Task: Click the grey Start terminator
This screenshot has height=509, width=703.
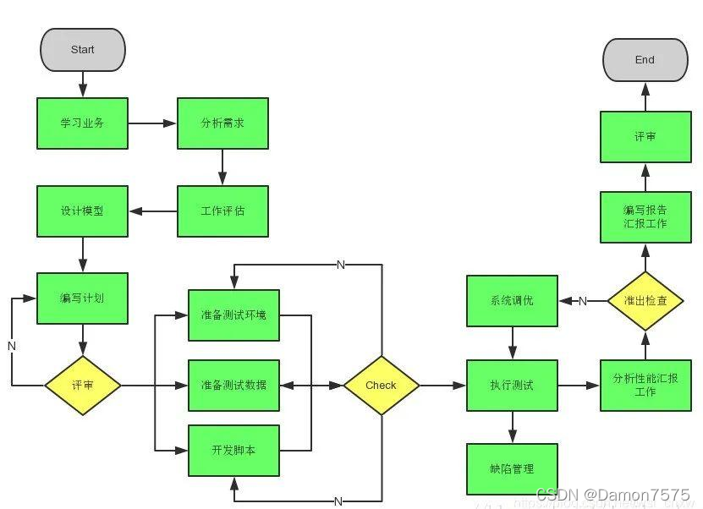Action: tap(83, 49)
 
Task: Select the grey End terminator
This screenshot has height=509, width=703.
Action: tap(645, 60)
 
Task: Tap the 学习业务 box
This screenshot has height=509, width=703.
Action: tap(83, 123)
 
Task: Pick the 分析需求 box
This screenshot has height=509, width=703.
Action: tap(222, 123)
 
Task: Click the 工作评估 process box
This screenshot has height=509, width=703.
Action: tap(222, 211)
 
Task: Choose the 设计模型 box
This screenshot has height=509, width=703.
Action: tap(83, 211)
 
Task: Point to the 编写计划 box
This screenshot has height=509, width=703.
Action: tap(83, 298)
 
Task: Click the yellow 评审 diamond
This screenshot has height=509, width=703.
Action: tap(83, 385)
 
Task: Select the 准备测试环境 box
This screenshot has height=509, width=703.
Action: tap(233, 315)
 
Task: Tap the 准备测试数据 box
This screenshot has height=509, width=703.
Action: tap(233, 385)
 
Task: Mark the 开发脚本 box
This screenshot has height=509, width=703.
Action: tap(233, 450)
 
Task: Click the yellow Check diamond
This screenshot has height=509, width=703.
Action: tap(381, 385)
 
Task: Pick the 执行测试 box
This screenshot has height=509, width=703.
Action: tap(512, 385)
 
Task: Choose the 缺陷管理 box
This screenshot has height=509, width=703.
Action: tap(512, 468)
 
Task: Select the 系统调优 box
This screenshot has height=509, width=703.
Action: tap(512, 301)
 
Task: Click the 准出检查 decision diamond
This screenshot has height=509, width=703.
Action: tap(645, 301)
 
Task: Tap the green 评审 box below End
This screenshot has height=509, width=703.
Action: tap(645, 136)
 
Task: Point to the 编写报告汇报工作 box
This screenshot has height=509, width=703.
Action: tap(645, 217)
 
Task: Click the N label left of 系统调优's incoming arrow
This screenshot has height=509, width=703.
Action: tap(583, 301)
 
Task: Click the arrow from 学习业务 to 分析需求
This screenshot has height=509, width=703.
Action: tap(152, 123)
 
